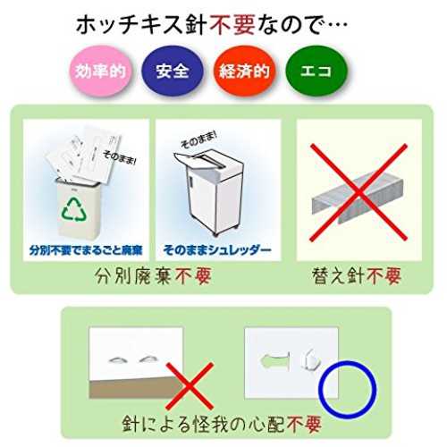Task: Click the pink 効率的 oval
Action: point(100,71)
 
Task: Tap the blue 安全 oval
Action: point(172,71)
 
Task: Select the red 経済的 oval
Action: point(244,71)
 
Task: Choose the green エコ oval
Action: point(316,71)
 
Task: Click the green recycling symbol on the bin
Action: point(74,210)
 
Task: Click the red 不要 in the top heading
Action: point(232,25)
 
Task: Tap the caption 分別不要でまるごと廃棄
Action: point(86,250)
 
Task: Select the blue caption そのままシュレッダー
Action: point(217,250)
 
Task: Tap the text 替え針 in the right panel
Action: point(339,276)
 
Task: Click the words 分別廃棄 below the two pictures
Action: point(133,276)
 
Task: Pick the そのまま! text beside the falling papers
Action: point(119,157)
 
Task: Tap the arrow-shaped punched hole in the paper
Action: point(275,361)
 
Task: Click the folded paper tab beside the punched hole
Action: point(310,359)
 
